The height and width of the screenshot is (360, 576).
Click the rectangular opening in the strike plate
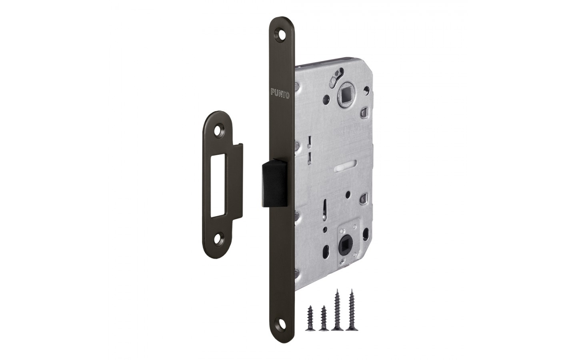click(218, 186)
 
